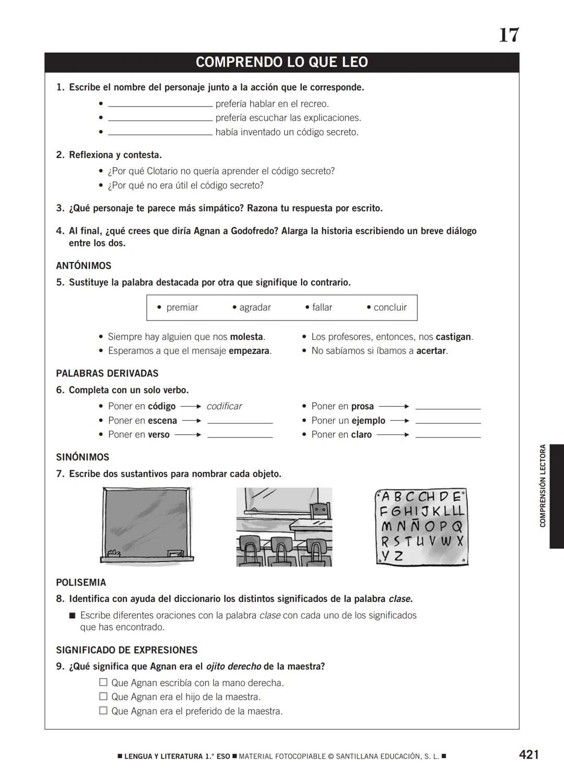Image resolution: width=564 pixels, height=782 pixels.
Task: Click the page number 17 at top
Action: (509, 35)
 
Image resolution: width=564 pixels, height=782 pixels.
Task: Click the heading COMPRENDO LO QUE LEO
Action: (281, 62)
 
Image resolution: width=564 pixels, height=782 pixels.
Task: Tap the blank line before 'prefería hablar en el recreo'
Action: (160, 104)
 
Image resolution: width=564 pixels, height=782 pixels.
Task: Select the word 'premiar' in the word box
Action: (182, 307)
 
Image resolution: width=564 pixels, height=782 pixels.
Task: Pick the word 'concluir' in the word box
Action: (390, 307)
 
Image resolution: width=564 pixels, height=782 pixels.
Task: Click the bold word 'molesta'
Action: (246, 337)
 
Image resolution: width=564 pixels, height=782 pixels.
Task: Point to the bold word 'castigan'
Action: (453, 337)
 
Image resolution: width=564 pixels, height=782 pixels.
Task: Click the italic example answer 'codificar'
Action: (224, 406)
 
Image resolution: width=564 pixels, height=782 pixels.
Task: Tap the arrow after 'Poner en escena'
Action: (192, 421)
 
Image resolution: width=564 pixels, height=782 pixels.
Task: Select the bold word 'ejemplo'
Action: (368, 421)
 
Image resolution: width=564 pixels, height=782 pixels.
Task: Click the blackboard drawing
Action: (146, 525)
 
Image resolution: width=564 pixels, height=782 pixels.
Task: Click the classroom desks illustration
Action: (284, 527)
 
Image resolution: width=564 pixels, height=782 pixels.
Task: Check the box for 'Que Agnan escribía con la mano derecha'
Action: (103, 682)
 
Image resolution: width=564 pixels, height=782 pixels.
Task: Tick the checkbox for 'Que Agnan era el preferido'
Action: (103, 710)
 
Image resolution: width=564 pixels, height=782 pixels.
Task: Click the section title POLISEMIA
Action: (81, 583)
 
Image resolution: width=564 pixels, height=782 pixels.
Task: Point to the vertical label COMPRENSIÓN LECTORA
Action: (543, 485)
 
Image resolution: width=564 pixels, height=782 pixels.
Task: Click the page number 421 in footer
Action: (528, 754)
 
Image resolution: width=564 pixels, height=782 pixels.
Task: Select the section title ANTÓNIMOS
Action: (84, 266)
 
